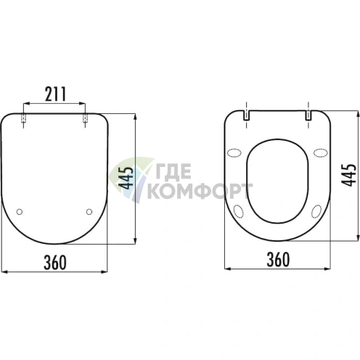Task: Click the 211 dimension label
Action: [55, 94]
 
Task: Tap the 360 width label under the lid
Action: [55, 263]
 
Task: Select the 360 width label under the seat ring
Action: [278, 260]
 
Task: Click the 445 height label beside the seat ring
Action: [348, 175]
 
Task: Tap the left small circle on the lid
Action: [20, 212]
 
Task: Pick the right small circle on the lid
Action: [89, 212]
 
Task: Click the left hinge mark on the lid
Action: [23, 118]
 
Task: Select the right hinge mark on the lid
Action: [85, 118]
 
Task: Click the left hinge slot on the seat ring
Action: [246, 115]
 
